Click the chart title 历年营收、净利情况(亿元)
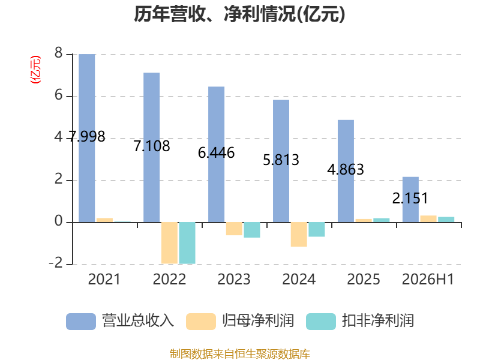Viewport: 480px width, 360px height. point(239,14)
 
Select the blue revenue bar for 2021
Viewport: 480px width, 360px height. point(87,138)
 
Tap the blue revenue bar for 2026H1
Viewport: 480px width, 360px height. point(410,200)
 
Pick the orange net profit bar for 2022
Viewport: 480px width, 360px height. point(169,243)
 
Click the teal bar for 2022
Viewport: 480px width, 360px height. point(187,243)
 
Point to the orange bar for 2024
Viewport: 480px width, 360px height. point(299,235)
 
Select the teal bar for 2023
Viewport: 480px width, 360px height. point(252,230)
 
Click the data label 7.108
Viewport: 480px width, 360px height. point(152,146)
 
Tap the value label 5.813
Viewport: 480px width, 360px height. point(281,160)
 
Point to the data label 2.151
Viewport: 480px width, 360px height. point(410,199)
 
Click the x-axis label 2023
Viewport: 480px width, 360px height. point(234,279)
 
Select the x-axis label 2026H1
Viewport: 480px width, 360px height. point(428,279)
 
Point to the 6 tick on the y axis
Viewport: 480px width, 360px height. point(58,95)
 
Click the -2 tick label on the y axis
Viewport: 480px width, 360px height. point(56,263)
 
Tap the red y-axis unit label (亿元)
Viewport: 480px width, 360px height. point(35,70)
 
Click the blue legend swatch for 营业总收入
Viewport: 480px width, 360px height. point(81,322)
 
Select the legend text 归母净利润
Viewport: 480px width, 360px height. point(258,321)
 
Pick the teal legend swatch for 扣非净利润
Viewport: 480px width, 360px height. point(321,322)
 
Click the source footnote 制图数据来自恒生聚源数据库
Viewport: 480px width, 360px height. point(240,354)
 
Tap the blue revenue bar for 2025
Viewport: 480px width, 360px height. point(346,171)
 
